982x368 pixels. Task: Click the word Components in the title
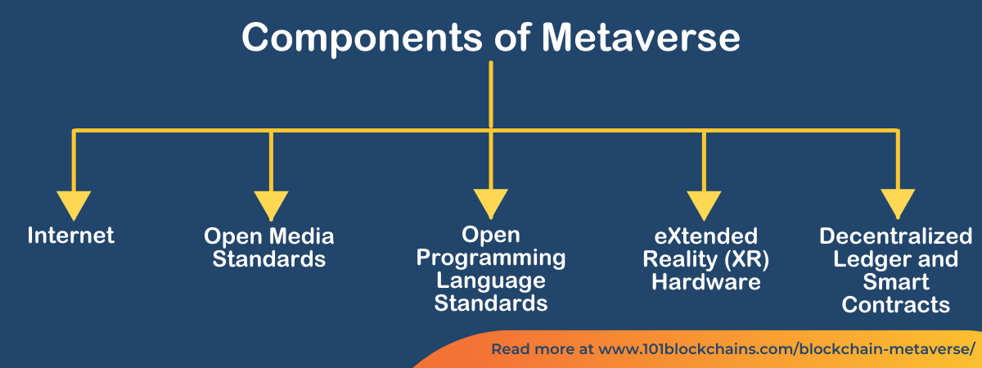click(x=362, y=38)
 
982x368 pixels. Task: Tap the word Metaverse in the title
click(x=641, y=37)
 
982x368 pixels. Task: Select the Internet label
click(x=71, y=236)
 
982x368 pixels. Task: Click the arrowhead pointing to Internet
click(x=74, y=205)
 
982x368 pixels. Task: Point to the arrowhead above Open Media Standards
click(x=271, y=205)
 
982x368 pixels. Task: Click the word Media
click(x=302, y=236)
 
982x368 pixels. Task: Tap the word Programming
click(x=491, y=258)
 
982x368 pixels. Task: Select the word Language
click(x=491, y=280)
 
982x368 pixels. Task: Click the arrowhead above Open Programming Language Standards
click(x=490, y=204)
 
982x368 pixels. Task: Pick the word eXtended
click(x=705, y=236)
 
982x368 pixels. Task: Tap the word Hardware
click(x=705, y=281)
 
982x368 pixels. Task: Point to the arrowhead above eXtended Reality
click(x=704, y=205)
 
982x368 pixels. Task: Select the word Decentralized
click(x=895, y=236)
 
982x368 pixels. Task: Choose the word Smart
click(x=895, y=281)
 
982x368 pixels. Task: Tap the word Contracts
click(x=895, y=304)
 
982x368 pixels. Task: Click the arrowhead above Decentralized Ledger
click(x=898, y=204)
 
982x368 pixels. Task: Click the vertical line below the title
click(x=490, y=95)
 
